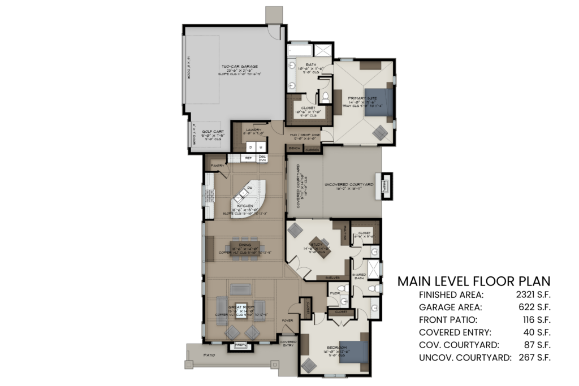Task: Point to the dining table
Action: (x=245, y=247)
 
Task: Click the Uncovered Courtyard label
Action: (x=349, y=185)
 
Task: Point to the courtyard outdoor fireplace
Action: (x=386, y=185)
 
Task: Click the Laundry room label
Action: (x=253, y=130)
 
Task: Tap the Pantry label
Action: (x=217, y=165)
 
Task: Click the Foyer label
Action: (x=288, y=320)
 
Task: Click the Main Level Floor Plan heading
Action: (x=474, y=281)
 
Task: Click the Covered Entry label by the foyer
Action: (x=288, y=344)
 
